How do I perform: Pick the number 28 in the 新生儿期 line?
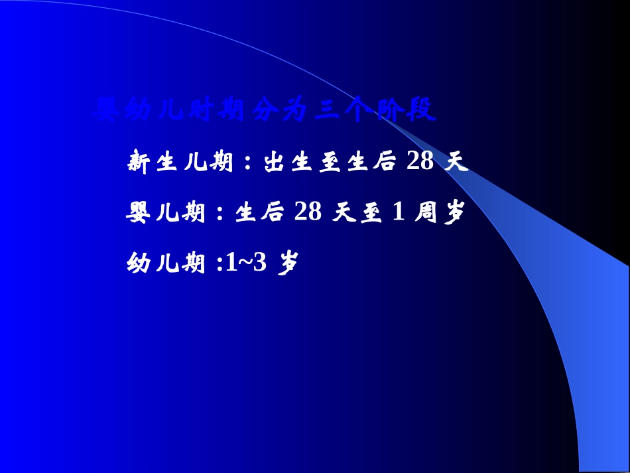[x=420, y=161]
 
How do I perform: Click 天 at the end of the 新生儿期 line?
[x=456, y=162]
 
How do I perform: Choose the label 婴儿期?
[x=165, y=213]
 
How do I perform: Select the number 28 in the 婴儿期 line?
[x=308, y=212]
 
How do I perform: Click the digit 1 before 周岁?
[x=399, y=212]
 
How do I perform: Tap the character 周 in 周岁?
[x=428, y=213]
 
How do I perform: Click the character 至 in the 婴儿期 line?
[x=371, y=213]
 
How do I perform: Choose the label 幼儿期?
[x=165, y=263]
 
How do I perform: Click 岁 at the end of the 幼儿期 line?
[x=288, y=263]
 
